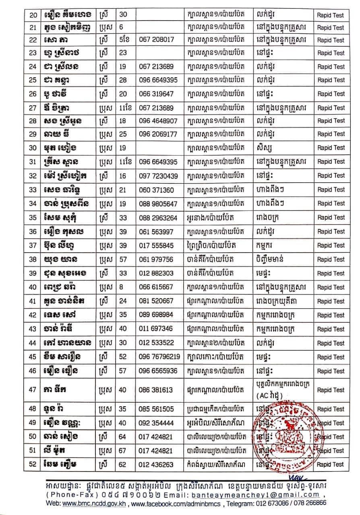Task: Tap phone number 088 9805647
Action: pos(158,204)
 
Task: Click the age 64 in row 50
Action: pos(122,437)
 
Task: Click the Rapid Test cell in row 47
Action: pos(331,390)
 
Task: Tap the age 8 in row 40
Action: pos(121,288)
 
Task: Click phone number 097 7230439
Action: pos(158,176)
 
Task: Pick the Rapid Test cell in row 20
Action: pos(331,15)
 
